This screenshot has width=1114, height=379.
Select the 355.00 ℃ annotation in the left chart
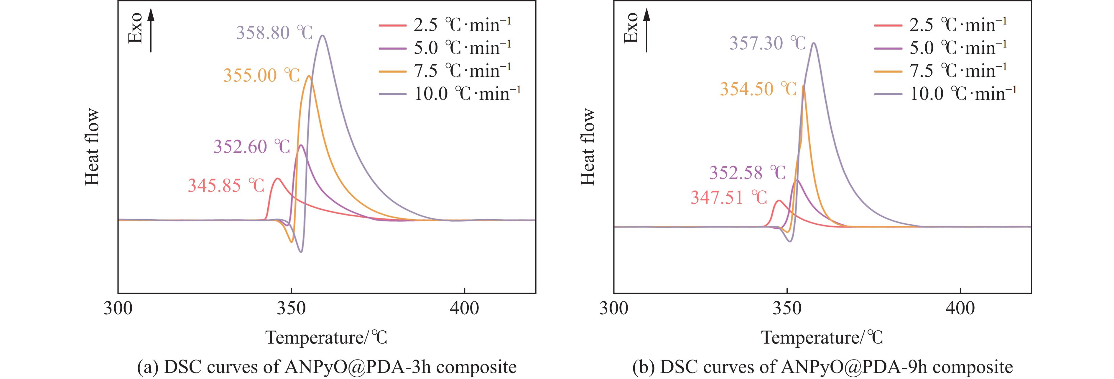261,75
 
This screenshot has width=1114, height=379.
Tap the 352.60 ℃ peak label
251,147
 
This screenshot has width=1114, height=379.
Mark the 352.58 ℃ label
747,173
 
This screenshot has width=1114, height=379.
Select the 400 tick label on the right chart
960,309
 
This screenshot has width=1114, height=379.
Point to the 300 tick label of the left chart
118,309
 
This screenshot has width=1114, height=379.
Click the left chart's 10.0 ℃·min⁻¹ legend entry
450,94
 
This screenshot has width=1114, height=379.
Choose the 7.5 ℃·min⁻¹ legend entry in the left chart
445,71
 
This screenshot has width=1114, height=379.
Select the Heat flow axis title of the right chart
587,147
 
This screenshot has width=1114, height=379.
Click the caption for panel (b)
822,367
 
